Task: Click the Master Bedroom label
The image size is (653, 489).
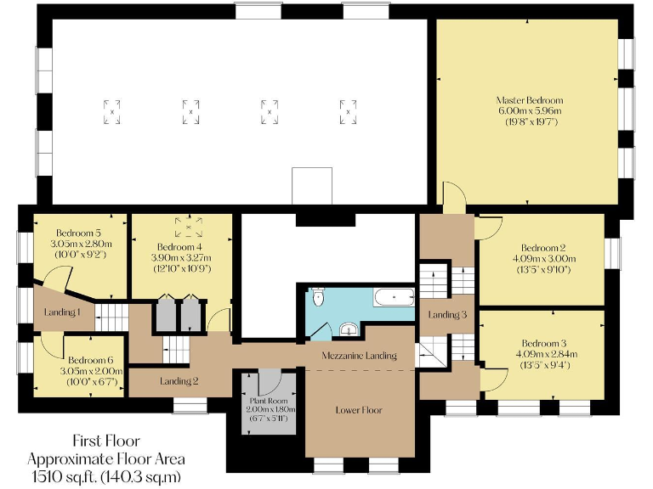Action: click(529, 100)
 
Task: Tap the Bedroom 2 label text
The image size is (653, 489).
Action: click(543, 249)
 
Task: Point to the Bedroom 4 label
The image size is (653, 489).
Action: click(179, 247)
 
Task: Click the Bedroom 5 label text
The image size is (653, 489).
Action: click(79, 233)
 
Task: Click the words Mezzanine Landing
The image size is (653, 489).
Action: click(359, 356)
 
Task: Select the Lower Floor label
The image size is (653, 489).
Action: click(359, 410)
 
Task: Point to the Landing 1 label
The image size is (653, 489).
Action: click(62, 312)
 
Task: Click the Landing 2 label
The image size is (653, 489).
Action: click(179, 381)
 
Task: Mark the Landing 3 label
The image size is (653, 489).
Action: click(447, 315)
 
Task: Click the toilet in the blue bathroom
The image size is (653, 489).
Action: click(318, 296)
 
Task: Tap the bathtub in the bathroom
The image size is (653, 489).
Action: click(393, 298)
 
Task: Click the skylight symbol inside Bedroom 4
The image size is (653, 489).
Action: click(189, 228)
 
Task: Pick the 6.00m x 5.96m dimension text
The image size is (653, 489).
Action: click(529, 111)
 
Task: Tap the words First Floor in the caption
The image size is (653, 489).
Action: click(105, 441)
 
